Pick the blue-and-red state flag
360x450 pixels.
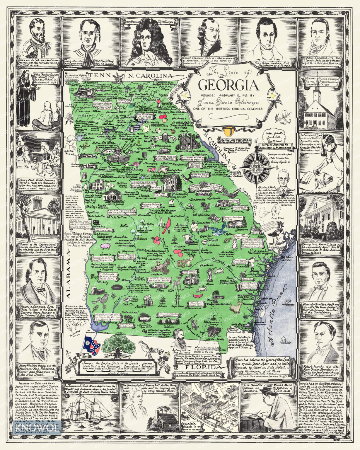point(91,344)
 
